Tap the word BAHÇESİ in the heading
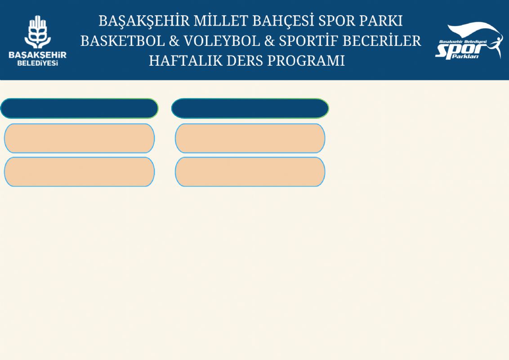point(283,21)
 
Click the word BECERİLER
point(382,41)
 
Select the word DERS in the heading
point(245,61)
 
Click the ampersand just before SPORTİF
point(269,41)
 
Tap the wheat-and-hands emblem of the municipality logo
point(38,32)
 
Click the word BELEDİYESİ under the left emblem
point(38,63)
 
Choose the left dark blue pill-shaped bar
point(79,108)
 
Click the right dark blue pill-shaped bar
point(250,108)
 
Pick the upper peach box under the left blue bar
point(79,138)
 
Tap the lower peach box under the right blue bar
point(250,172)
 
